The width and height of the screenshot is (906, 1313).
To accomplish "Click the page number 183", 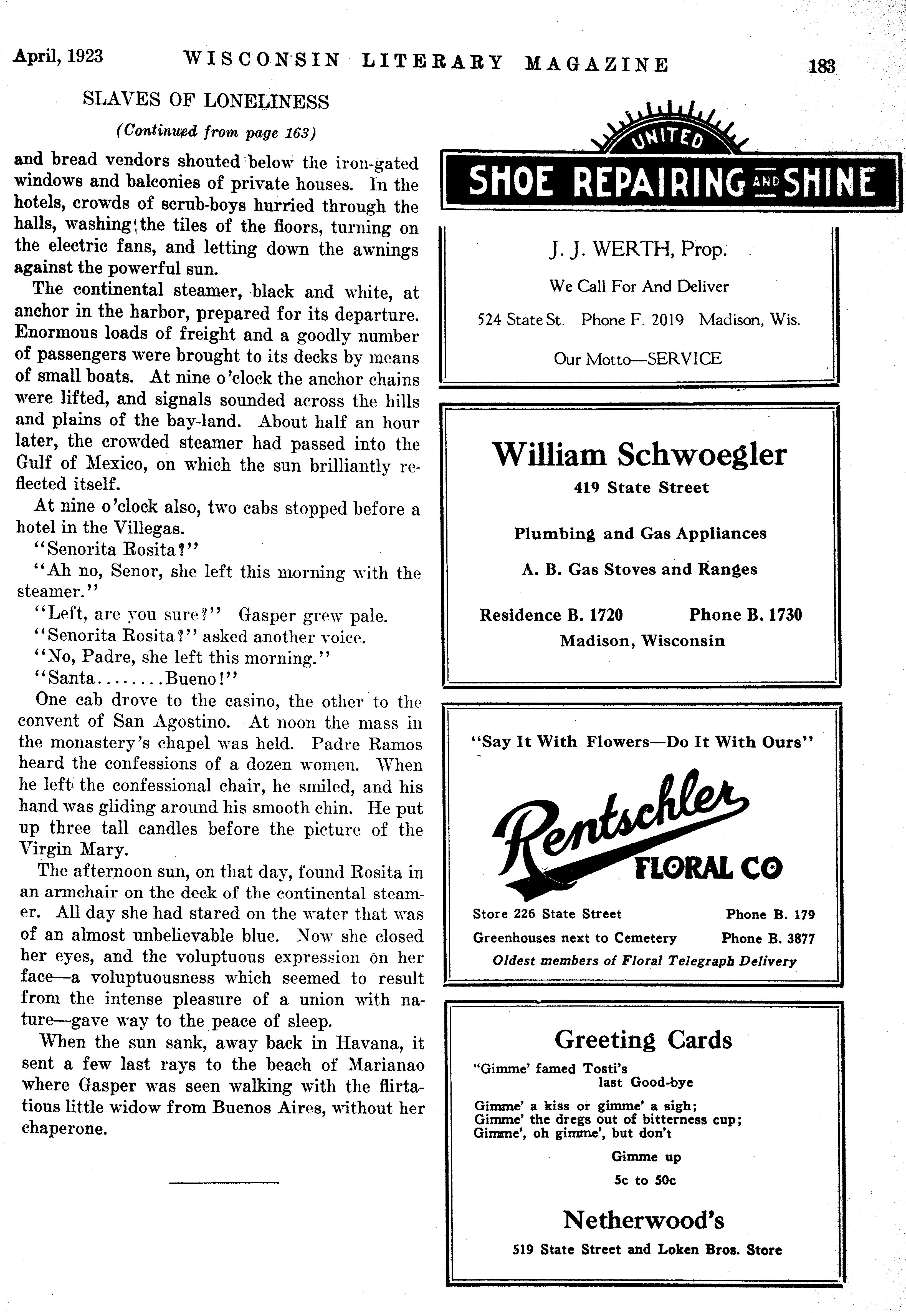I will click(x=822, y=66).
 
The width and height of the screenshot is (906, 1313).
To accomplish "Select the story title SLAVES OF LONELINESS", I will click(x=206, y=101).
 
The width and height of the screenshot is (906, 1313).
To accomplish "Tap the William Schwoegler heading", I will click(x=640, y=455).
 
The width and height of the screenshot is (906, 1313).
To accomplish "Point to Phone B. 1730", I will click(x=745, y=615).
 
